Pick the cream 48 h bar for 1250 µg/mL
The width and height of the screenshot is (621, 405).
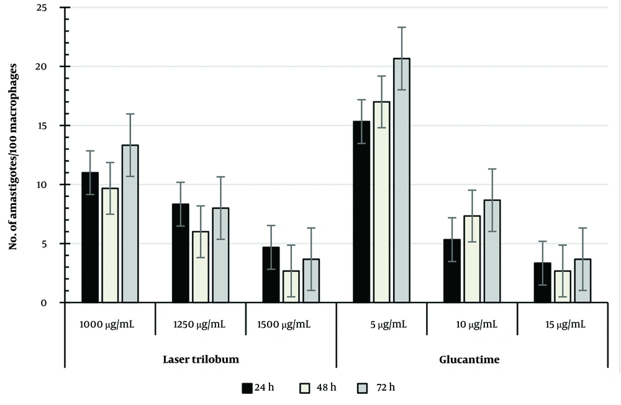(201, 267)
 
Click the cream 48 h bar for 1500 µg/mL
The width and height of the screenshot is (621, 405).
(291, 286)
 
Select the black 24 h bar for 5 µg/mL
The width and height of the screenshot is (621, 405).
(361, 212)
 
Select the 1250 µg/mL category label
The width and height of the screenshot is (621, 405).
(201, 325)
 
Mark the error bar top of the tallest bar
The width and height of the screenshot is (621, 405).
(402, 27)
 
